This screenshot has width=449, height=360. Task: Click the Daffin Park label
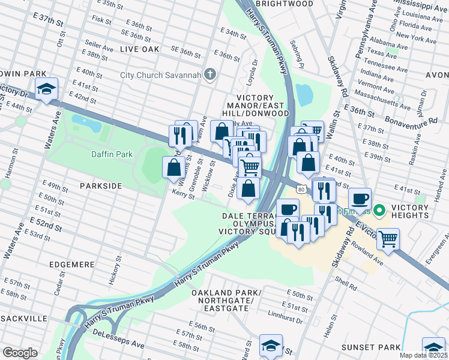(112, 154)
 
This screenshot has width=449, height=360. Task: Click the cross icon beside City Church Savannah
(209, 74)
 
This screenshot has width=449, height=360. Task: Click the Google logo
(20, 353)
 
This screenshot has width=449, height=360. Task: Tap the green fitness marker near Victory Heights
(379, 211)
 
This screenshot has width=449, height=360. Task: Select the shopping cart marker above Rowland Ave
(388, 239)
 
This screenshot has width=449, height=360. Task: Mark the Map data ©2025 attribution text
(424, 355)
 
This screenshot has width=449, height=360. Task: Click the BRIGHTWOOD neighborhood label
(285, 4)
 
